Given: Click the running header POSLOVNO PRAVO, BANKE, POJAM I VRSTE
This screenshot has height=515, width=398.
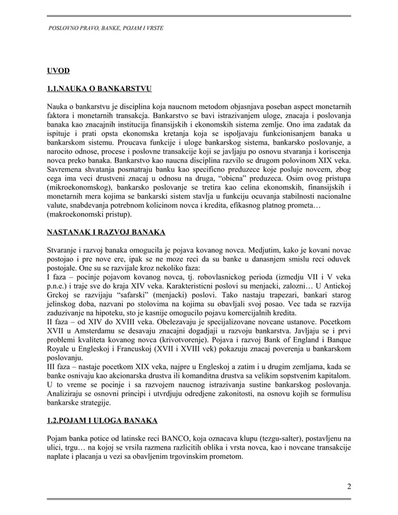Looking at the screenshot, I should [x=106, y=29].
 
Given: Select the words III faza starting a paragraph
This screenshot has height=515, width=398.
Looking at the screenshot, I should [x=62, y=374].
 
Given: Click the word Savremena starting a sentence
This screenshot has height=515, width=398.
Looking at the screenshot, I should [x=68, y=169].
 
